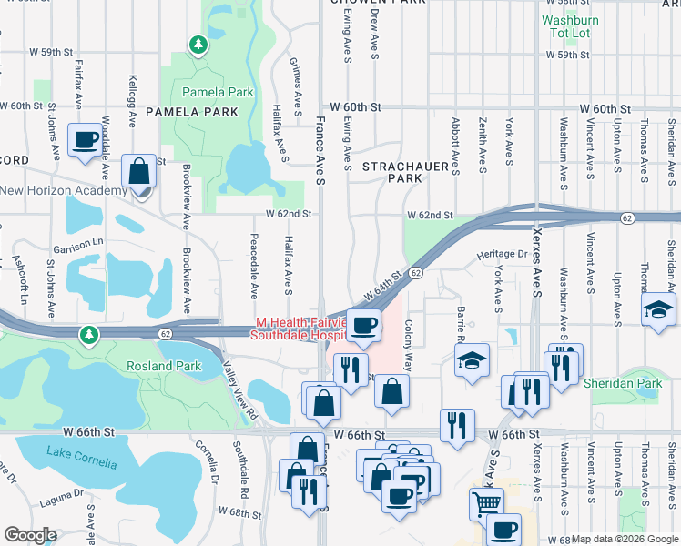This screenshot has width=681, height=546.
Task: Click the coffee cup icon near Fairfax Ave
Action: point(86,140)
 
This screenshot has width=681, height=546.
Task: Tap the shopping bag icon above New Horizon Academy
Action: point(137,170)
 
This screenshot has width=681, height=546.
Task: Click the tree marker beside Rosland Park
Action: point(87,334)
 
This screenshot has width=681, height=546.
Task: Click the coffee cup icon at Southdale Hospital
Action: point(364,326)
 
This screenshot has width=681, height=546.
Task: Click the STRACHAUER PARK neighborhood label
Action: point(392,173)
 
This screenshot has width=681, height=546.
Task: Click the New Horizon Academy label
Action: point(64,190)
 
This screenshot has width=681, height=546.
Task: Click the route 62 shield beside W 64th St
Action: point(415,273)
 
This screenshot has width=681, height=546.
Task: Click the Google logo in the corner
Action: point(31,535)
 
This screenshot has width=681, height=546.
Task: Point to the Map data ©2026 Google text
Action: point(625,539)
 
